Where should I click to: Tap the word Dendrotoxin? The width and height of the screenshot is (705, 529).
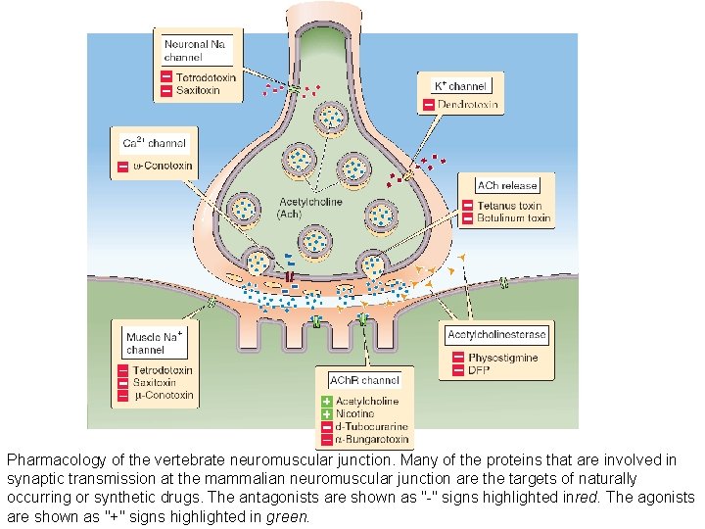coord(473,105)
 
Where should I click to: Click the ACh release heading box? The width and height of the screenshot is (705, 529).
coord(506,185)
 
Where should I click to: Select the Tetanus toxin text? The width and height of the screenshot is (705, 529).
coord(509,206)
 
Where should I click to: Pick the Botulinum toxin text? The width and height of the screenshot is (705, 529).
coord(513,218)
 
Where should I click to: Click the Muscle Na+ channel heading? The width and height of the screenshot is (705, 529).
coord(155,342)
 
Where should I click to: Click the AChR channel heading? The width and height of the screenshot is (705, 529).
coord(364,380)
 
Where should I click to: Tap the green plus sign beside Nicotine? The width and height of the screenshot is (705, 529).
coord(328,414)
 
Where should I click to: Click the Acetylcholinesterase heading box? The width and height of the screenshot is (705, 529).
coord(496,335)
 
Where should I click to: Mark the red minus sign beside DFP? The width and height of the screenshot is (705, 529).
coord(457,371)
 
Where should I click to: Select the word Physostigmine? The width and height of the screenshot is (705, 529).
coord(503,359)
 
